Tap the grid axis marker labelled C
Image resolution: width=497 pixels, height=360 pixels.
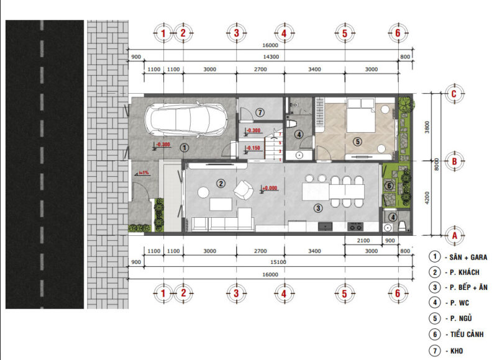click(x=455, y=94)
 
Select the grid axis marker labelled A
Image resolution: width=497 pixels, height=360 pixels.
click(x=455, y=236)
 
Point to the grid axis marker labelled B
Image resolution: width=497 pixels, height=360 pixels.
click(x=455, y=161)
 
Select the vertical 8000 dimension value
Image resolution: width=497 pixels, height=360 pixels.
click(x=437, y=164)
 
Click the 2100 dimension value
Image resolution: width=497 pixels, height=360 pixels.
click(x=364, y=240)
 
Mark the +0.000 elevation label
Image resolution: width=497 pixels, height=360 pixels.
click(x=270, y=188)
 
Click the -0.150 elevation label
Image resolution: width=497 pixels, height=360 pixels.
click(x=253, y=148)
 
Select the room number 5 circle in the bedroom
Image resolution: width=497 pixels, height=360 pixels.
click(x=357, y=142)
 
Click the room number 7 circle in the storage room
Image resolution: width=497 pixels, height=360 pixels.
click(x=260, y=112)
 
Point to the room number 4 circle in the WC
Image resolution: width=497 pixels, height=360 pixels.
click(x=299, y=134)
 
